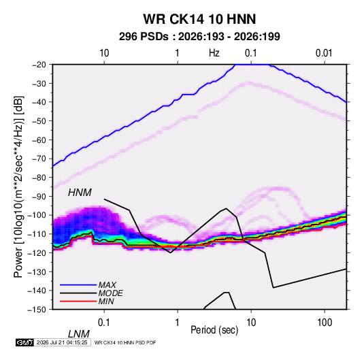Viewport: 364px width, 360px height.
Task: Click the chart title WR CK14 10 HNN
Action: [x=199, y=19]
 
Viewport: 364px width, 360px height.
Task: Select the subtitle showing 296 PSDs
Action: [x=199, y=37]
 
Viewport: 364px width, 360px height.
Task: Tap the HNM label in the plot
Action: [x=80, y=193]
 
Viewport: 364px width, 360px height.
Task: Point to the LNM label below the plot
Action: [x=78, y=334]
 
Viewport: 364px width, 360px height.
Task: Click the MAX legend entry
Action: [x=107, y=284]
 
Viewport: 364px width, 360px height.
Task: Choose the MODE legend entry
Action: [x=110, y=293]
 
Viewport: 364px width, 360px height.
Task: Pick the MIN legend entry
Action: [x=106, y=301]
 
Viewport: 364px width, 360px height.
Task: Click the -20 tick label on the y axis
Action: [x=39, y=65]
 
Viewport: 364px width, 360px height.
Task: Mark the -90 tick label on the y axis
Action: [x=39, y=196]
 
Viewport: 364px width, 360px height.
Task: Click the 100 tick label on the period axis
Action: [x=324, y=323]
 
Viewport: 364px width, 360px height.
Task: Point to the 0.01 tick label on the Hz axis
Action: [x=324, y=53]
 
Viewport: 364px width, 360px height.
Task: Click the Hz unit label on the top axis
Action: [x=214, y=53]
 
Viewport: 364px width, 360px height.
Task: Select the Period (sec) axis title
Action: [x=214, y=330]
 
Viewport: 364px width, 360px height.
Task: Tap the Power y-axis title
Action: [x=18, y=187]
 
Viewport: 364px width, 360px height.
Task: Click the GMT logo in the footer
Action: [x=25, y=342]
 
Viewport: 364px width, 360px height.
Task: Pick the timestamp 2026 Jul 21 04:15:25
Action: [x=62, y=342]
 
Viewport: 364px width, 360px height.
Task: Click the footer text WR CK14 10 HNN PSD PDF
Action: [x=125, y=342]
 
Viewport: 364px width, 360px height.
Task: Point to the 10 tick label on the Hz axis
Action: [x=104, y=53]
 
